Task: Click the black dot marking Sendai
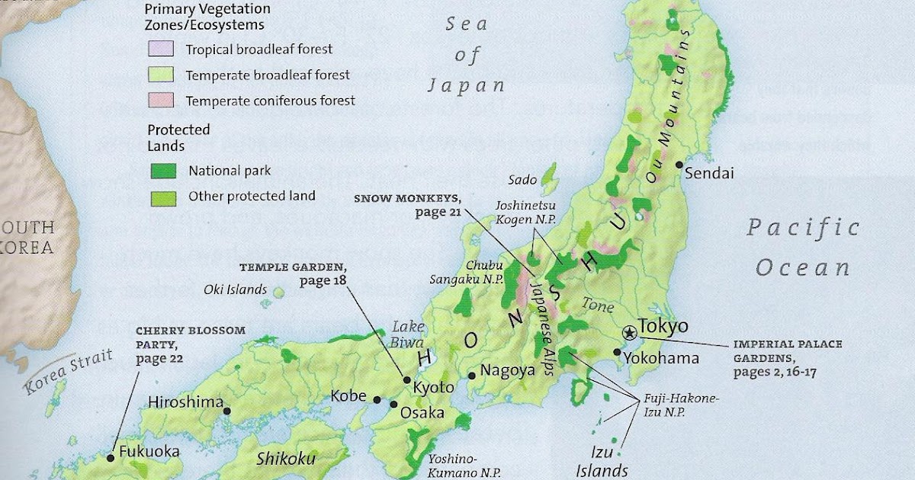coord(678,165)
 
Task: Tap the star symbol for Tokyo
coord(630,332)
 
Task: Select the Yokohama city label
coord(660,357)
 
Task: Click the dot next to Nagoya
coord(473,374)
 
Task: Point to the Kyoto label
coord(433,387)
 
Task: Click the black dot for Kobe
coord(377,398)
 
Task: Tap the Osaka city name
coord(422,412)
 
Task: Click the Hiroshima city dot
coord(227,410)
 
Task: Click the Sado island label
coord(522,180)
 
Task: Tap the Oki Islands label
coord(235,290)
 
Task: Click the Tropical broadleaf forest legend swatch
coord(160,50)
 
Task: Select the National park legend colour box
coord(160,171)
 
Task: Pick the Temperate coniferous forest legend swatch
coord(160,100)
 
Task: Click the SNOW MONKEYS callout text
coord(407,205)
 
